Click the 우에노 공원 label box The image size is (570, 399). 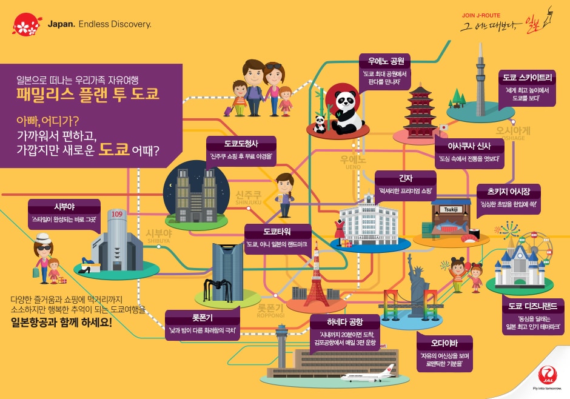pos(384,61)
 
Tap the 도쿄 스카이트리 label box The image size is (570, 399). pos(527,78)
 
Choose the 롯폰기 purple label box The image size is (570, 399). pos(202,317)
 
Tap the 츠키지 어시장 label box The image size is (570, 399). pos(509,189)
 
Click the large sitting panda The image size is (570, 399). pos(347,113)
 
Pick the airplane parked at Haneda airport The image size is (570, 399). pos(367,376)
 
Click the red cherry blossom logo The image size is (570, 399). pos(26,24)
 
